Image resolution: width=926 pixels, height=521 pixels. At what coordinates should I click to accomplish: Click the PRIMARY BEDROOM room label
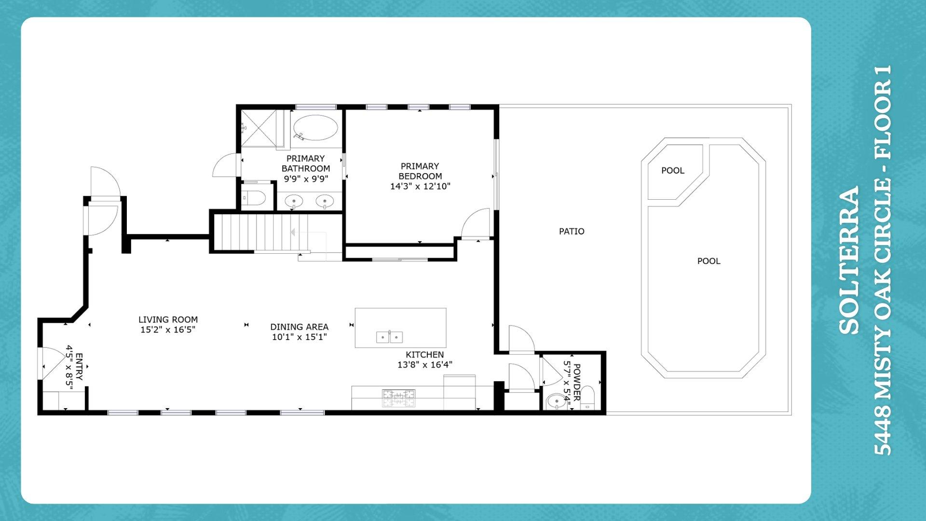coord(420,171)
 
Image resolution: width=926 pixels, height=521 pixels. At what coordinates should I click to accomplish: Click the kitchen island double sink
coord(389,337)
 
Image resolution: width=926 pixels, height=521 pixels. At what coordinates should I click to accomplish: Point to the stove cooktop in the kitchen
coord(398,398)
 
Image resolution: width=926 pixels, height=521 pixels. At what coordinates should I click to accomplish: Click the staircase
coord(260,233)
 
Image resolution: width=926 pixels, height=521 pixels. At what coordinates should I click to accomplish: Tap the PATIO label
coord(572,232)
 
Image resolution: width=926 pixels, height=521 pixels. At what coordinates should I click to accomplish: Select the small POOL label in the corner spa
coord(672,170)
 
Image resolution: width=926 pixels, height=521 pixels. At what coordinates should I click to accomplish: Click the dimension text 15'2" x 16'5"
coord(167,330)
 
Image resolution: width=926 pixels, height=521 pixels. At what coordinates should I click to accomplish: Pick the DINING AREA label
coord(299,327)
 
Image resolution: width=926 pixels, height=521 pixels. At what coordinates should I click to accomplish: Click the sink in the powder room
coord(557,400)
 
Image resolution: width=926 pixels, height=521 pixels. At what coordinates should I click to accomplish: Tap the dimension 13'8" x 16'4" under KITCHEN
coord(424,365)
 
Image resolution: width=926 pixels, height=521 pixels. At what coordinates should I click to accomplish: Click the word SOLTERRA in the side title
coord(849,260)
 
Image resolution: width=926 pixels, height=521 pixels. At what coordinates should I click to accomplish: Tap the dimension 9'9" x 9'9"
coord(306,179)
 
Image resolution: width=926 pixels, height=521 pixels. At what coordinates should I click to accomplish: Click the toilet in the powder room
coord(587,398)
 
